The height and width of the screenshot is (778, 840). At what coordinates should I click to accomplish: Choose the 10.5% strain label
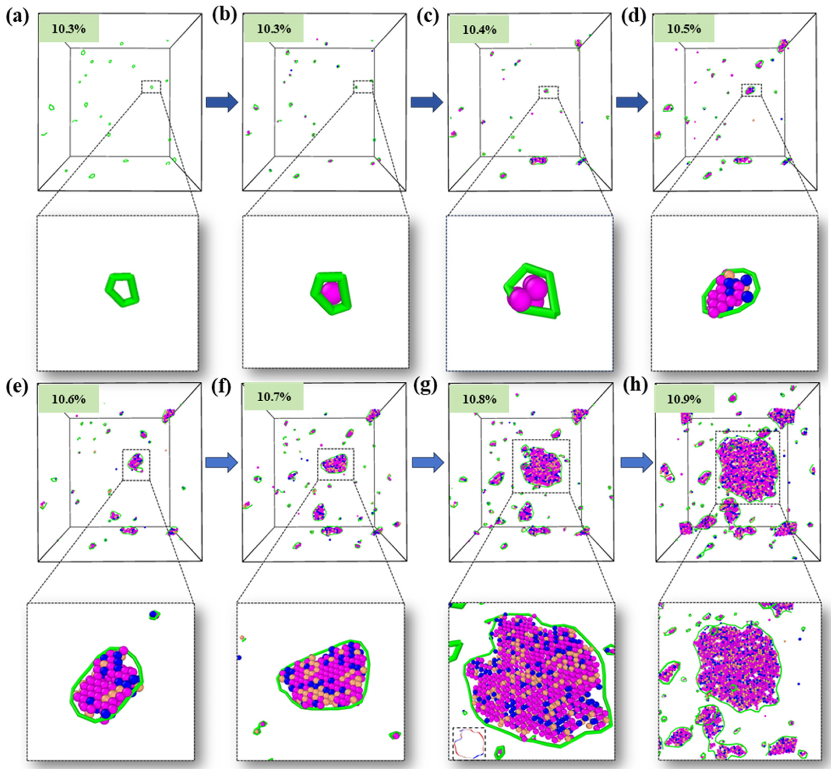point(684,29)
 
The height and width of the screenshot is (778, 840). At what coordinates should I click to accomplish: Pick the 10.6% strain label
point(69,399)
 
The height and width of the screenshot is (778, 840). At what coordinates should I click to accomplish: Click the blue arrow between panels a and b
point(222,102)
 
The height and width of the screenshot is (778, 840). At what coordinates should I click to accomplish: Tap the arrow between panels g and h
point(636,463)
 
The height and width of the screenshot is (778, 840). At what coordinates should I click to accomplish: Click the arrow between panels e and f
point(222,463)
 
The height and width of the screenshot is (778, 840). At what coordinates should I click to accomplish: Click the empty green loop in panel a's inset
point(122,289)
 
